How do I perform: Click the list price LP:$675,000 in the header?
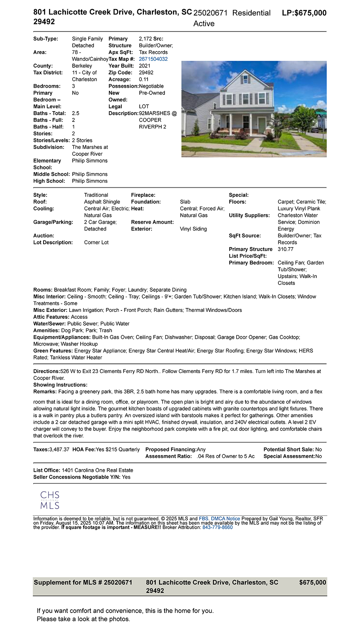[x=304, y=13]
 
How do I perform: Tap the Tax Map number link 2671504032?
[x=153, y=59]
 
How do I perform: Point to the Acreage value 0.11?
[x=144, y=79]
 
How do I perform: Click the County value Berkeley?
[x=82, y=66]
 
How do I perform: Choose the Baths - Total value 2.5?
[x=76, y=113]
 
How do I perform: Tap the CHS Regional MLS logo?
[x=50, y=500]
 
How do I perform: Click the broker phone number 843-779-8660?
[x=217, y=527]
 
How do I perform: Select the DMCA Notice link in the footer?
[x=225, y=519]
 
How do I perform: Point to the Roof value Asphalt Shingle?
[x=102, y=202]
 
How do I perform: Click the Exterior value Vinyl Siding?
[x=193, y=229]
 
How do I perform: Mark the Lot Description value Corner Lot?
[x=96, y=242]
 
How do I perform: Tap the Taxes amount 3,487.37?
[x=59, y=450]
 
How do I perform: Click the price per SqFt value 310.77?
[x=285, y=249]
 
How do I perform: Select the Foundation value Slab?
[x=185, y=202]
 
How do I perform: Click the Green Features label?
[x=53, y=351]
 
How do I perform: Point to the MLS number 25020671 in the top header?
[x=210, y=13]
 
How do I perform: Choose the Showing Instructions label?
[x=60, y=385]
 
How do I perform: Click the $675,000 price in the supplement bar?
[x=312, y=582]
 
